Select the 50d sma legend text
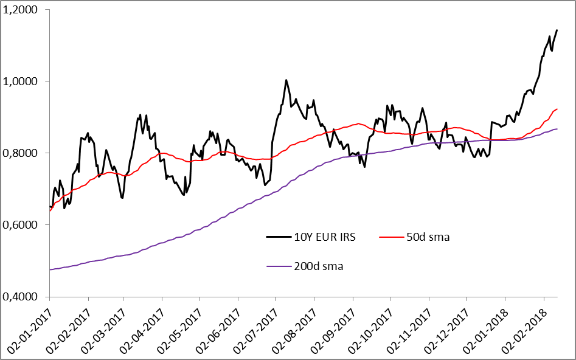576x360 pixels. pos(428,237)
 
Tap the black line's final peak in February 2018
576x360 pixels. pos(557,30)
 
